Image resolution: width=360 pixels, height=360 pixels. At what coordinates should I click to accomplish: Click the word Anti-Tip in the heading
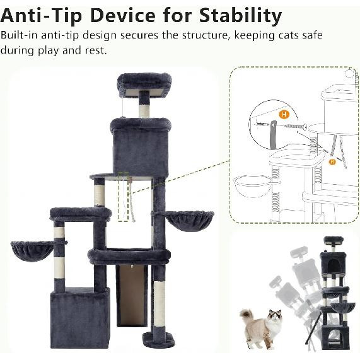[x=42, y=16]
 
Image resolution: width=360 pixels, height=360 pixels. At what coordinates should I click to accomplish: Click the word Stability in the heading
[x=240, y=16]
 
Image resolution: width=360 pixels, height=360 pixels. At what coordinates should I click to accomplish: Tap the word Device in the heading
[x=123, y=16]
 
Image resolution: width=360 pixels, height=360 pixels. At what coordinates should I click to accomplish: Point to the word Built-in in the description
[x=19, y=35]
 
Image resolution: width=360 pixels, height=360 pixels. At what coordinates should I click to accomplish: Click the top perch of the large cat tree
[x=144, y=84]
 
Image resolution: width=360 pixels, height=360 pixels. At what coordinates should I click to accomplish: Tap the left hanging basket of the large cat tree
[x=33, y=251]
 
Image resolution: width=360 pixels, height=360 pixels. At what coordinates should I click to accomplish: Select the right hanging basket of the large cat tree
[x=190, y=221]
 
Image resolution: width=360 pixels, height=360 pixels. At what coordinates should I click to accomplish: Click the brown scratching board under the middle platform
[x=132, y=296]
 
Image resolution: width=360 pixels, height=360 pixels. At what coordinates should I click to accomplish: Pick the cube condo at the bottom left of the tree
[x=80, y=317]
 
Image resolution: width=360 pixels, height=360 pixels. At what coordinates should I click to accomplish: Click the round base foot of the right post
[x=159, y=340]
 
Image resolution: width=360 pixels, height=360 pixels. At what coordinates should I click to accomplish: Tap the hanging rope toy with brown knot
[x=131, y=199]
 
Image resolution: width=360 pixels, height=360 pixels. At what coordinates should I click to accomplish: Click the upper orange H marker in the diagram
[x=284, y=114]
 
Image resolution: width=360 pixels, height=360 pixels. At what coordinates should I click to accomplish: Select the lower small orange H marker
[x=332, y=162]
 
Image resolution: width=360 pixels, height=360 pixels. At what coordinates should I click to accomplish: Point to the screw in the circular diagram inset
[x=296, y=126]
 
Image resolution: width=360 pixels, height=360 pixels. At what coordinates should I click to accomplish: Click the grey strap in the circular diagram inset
[x=273, y=135]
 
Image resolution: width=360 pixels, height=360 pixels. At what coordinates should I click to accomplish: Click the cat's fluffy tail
[x=247, y=315]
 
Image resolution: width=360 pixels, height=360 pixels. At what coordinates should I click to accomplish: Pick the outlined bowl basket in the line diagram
[x=253, y=186]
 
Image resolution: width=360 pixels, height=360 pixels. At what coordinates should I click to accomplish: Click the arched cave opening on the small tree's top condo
[x=333, y=266]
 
